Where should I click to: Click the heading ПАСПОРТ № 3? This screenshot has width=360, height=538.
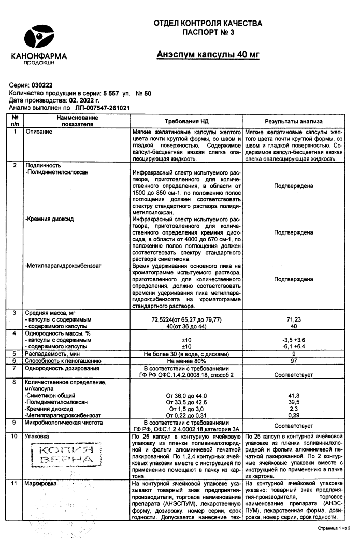click(x=208, y=33)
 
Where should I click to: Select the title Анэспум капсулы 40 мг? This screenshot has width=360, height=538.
click(x=208, y=55)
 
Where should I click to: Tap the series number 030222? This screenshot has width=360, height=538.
click(x=42, y=85)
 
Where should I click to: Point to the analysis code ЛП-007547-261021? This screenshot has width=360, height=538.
click(x=102, y=108)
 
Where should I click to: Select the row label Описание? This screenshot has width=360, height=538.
click(x=39, y=132)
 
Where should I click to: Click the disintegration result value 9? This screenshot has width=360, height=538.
click(x=294, y=353)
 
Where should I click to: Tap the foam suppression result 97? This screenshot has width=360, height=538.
click(x=294, y=360)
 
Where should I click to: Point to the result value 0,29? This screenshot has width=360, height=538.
click(x=294, y=415)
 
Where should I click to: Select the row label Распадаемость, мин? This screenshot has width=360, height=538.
click(x=52, y=353)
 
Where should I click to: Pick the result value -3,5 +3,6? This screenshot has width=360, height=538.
click(x=294, y=340)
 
